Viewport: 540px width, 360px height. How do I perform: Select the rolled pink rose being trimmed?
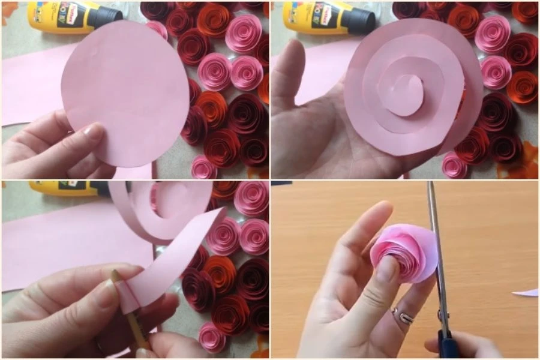click(402, 252)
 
